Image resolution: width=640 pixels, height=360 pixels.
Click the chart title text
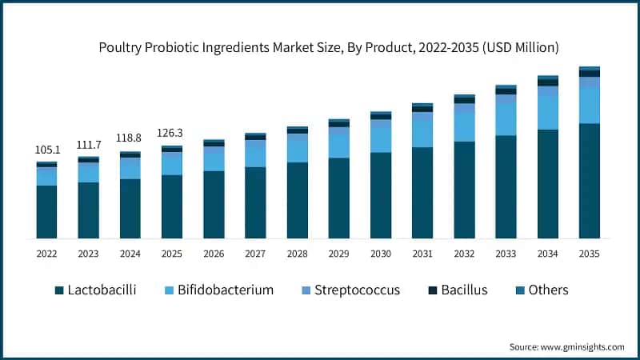[328, 48]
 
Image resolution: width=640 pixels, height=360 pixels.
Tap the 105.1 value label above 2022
[46, 150]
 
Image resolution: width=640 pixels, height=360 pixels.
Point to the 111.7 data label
[88, 144]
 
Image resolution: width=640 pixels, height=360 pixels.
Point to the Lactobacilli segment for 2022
[46, 212]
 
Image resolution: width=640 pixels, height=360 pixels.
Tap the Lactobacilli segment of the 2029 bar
[339, 198]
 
